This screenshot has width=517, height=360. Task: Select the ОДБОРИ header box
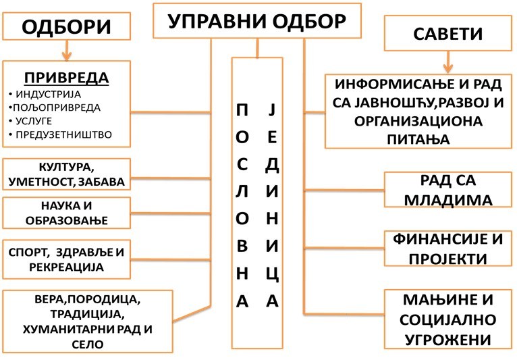point(65,28)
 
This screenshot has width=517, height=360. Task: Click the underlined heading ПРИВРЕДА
point(66,77)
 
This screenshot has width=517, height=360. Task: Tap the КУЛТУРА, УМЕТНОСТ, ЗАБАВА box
point(66,174)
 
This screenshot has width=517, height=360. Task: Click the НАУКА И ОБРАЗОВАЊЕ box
point(66,213)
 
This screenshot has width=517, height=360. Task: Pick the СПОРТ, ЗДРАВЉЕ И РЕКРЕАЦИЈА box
point(66,259)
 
